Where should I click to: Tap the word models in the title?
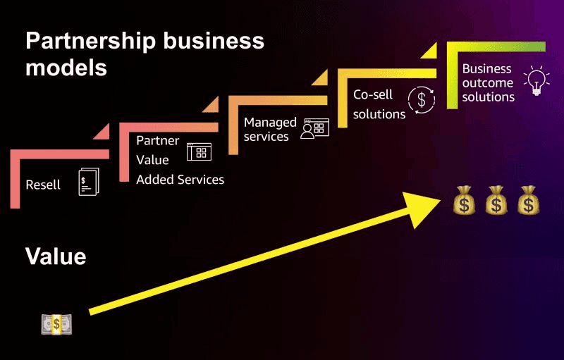point(66,68)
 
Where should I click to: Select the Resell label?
point(43,185)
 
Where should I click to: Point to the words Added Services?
point(180,180)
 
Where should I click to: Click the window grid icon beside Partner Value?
point(199,152)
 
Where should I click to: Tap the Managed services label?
point(270,130)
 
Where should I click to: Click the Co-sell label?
point(373,94)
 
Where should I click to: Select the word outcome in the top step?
point(488,82)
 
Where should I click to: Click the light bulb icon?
point(536,81)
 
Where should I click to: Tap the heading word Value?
point(56,256)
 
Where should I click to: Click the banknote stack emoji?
point(56,323)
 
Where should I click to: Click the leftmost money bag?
point(465,200)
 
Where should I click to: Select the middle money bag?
point(496,200)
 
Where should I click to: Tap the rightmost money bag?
point(527,200)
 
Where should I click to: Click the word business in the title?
point(212,41)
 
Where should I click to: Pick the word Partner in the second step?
point(158,140)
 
